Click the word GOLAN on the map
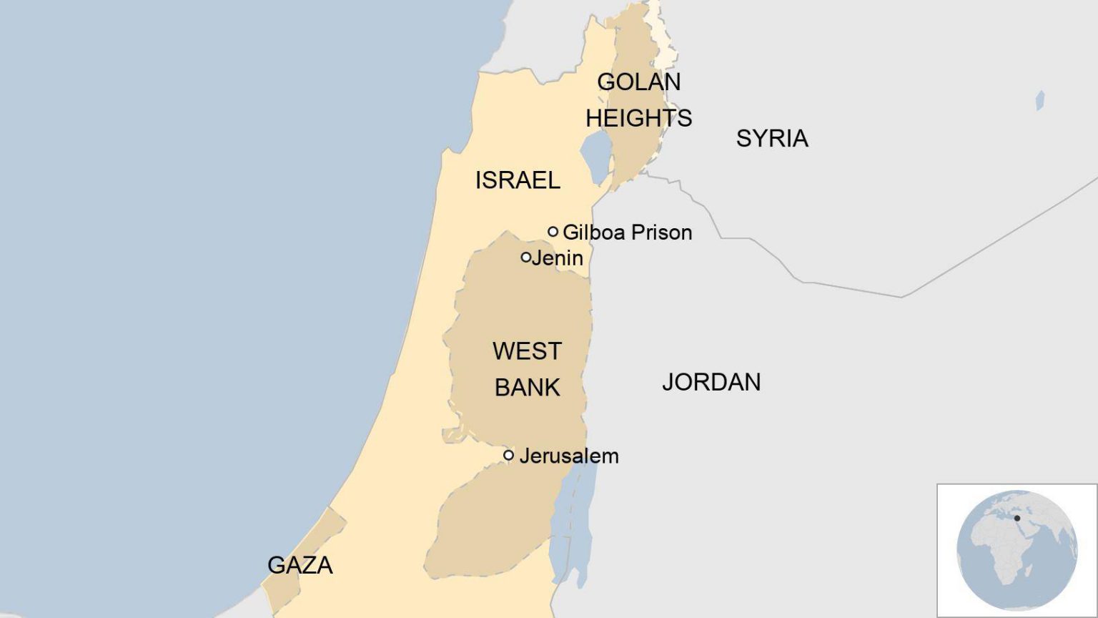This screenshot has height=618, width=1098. point(638,82)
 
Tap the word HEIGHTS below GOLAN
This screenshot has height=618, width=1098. point(638,118)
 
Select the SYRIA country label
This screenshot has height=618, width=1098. point(772,138)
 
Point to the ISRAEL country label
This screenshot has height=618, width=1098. point(518,180)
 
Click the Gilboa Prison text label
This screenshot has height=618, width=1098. point(627,232)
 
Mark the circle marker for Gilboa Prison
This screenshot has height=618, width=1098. point(553,232)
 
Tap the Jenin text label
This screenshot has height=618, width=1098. point(558,257)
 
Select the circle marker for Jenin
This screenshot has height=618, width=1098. point(526,257)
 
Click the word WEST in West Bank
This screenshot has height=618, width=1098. point(527,351)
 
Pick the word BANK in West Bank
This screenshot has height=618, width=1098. point(527,388)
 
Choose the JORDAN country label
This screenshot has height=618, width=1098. point(711,382)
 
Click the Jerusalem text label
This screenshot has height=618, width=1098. point(569,456)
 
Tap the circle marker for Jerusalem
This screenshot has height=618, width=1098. point(508,455)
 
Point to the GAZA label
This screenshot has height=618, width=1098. point(300,565)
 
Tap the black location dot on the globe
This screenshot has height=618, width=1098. point(1017,518)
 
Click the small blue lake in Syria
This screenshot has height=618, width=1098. point(1040,100)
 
